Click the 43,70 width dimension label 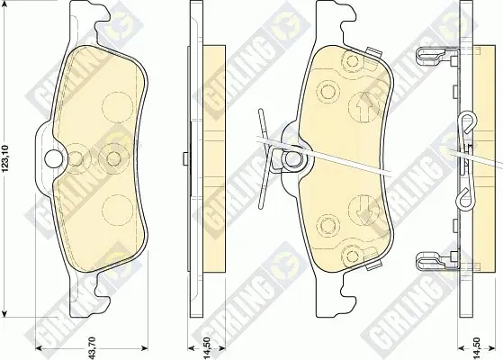92,347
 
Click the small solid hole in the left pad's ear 54,158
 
